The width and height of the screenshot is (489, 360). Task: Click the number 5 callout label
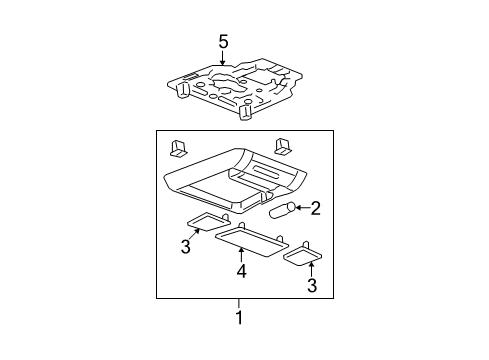click(224, 41)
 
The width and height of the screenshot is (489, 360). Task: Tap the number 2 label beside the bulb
click(314, 208)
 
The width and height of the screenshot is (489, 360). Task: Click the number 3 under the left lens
click(185, 246)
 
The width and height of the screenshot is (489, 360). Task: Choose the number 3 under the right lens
click(310, 287)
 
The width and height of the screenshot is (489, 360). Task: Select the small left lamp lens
click(208, 222)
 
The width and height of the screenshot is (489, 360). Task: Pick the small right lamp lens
click(302, 257)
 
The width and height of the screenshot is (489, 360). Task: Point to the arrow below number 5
click(224, 59)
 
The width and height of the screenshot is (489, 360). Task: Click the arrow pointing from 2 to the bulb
click(299, 208)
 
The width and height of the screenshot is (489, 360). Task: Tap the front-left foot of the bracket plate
click(182, 91)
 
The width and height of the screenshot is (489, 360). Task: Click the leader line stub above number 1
click(238, 304)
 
